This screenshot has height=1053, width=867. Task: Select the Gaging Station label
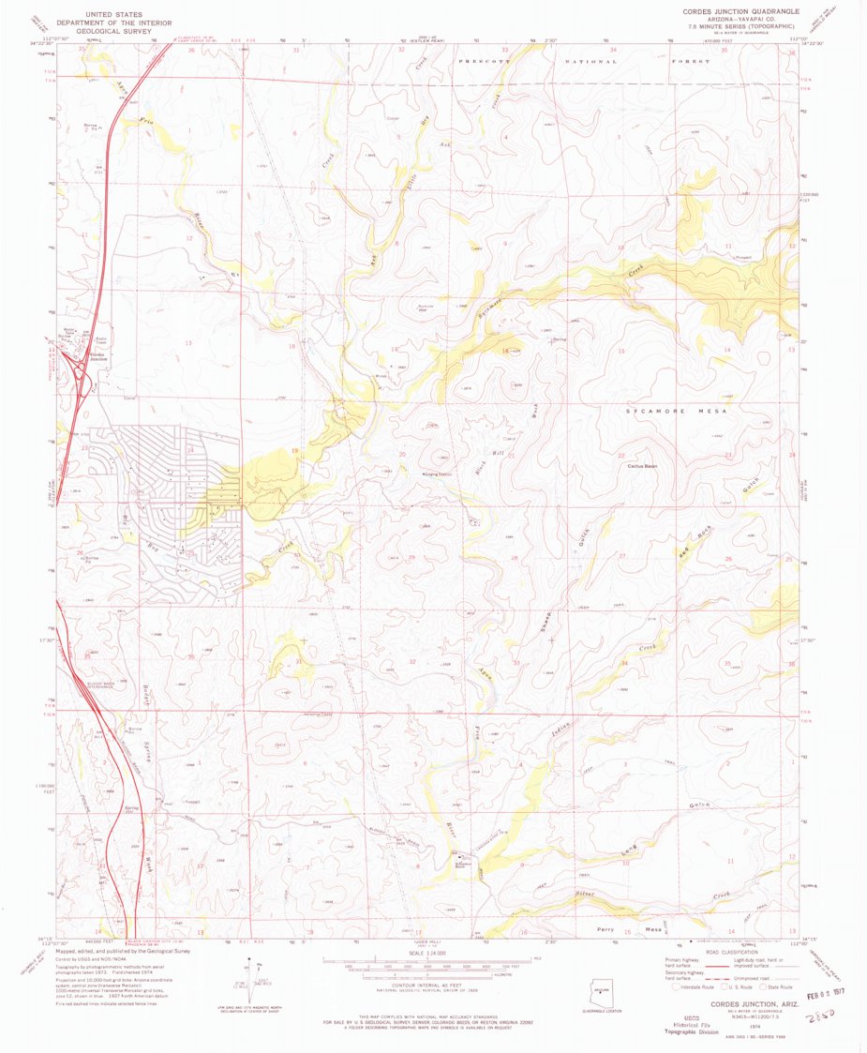(x=437, y=475)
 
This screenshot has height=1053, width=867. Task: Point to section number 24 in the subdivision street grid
(x=190, y=451)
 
